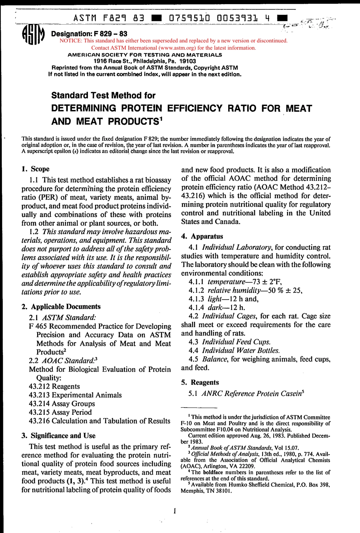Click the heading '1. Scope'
pos(36,169)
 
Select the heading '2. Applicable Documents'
pos(61,306)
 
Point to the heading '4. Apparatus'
pos(202,236)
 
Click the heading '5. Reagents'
pos(200,382)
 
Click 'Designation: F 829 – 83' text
pos(89,34)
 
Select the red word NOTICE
pos(70,41)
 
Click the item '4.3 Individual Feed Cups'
pos(230,342)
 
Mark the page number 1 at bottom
pos(175,511)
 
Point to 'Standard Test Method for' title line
pos(103,95)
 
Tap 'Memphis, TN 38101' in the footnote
pos(206,491)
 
